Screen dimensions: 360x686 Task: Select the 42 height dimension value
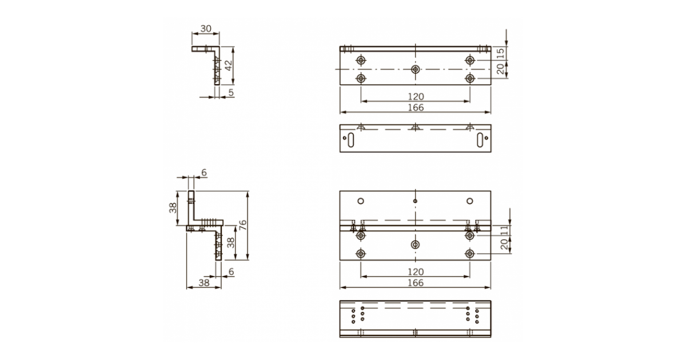tap(228, 66)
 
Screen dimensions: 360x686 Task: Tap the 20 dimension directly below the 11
tap(504, 245)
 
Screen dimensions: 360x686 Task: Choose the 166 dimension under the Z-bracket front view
tap(416, 283)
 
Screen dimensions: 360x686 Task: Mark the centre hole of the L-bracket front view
tap(416, 69)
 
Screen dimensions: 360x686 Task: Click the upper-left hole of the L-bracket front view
tap(361, 61)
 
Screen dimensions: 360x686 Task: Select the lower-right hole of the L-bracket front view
tap(470, 78)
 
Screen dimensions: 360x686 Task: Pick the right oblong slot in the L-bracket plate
tap(479, 139)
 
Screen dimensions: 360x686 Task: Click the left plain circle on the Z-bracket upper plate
tap(361, 201)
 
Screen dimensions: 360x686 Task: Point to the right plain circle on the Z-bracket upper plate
tap(470, 201)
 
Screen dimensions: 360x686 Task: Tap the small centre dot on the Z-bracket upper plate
tap(416, 201)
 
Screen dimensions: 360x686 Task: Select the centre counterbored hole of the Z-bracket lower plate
tap(416, 245)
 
